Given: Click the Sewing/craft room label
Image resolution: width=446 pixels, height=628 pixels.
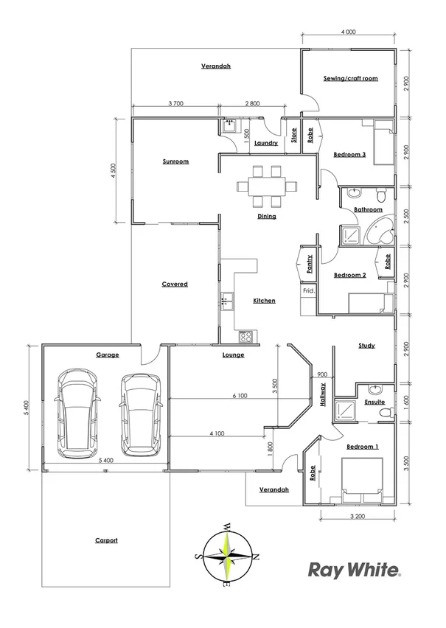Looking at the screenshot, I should tap(350, 78).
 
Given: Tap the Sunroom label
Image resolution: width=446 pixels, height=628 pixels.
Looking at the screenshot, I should tap(176, 161).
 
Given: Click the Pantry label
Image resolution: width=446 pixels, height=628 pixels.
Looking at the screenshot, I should tap(310, 263).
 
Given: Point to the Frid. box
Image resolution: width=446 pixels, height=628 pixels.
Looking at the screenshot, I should tap(308, 291).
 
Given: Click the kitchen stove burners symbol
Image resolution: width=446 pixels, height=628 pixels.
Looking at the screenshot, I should tap(246, 337).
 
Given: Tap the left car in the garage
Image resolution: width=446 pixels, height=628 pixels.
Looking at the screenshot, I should tap(78, 413).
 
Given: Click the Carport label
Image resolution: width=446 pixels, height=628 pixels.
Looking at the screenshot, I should tap(106, 540).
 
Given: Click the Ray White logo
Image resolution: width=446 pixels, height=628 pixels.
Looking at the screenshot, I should tap(354, 570).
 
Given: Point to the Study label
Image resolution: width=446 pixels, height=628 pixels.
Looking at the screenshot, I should tap(366, 345).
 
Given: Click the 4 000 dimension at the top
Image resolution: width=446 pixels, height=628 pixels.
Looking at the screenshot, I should tap(349, 32).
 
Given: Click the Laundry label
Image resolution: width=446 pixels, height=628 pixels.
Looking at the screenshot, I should tap(265, 143).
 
